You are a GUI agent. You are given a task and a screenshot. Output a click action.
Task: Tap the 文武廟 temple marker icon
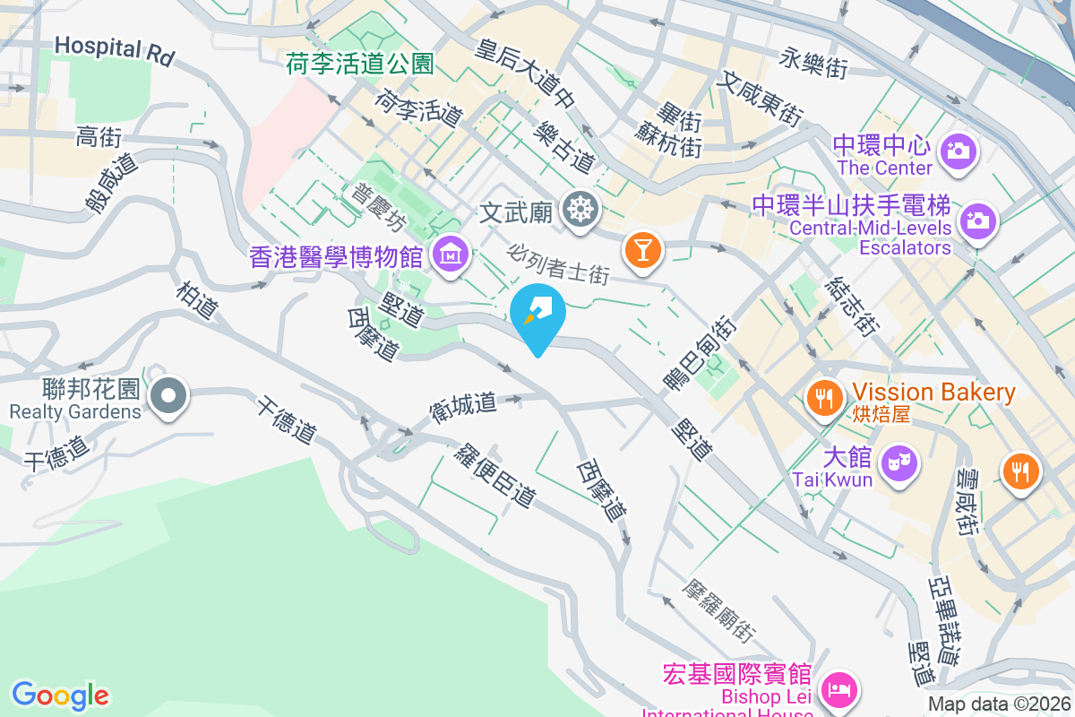pyautogui.click(x=580, y=211)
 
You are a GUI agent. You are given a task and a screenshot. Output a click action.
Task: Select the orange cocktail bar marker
pyautogui.click(x=642, y=246)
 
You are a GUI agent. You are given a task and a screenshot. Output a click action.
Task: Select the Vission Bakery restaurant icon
pyautogui.click(x=821, y=396)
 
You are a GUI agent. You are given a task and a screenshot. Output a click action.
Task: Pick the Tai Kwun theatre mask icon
pyautogui.click(x=897, y=463)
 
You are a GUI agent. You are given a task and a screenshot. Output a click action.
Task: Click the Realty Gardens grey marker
pyautogui.click(x=168, y=395)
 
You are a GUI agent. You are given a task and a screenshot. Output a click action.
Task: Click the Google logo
pyautogui.click(x=60, y=695)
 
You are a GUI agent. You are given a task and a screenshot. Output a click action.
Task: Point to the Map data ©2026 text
pyautogui.click(x=999, y=704)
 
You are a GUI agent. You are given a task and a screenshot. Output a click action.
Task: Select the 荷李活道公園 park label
pyautogui.click(x=360, y=64)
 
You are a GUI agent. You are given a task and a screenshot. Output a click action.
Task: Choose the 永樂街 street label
pyautogui.click(x=813, y=64)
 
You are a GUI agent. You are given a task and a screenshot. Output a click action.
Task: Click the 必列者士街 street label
pyautogui.click(x=559, y=263)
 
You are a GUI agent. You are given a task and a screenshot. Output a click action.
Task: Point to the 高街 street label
pyautogui.click(x=99, y=137)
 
